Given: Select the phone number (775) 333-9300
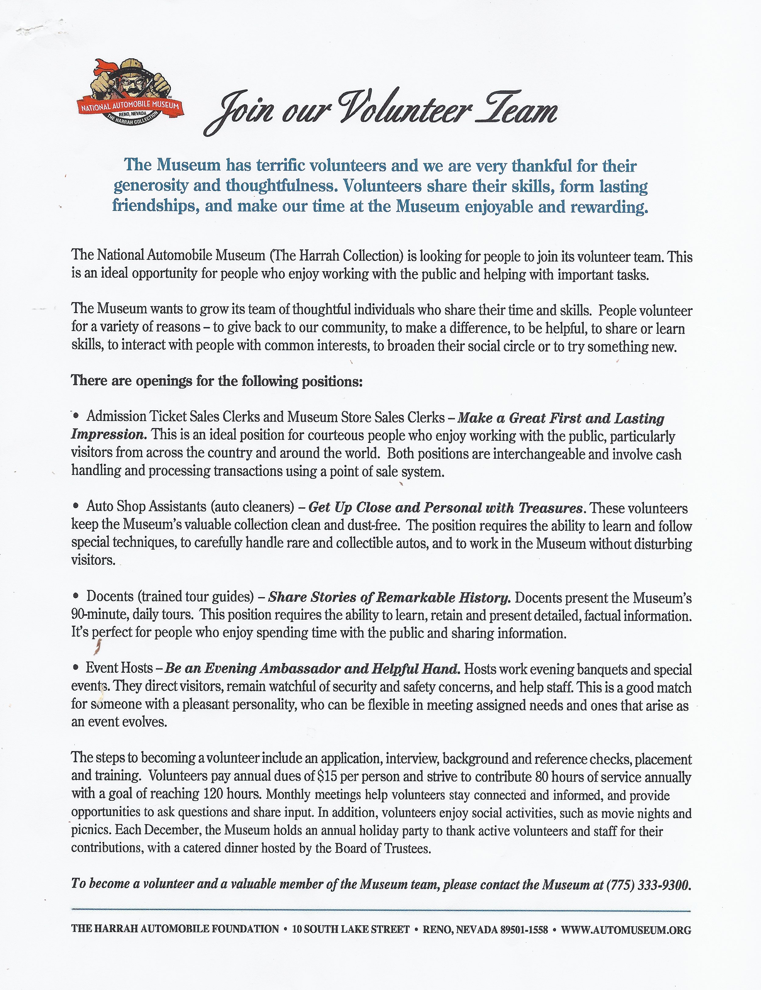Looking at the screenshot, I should click(x=648, y=885).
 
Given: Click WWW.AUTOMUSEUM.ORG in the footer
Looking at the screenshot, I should click(x=626, y=930).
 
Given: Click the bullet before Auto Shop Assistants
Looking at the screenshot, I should click(x=77, y=507).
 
